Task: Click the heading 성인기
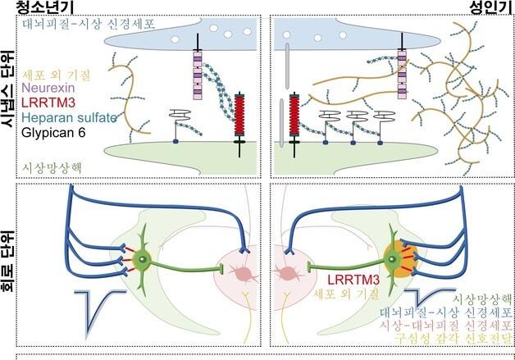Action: point(483,7)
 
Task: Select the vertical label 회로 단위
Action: point(10,263)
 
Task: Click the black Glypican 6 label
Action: point(53,130)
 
